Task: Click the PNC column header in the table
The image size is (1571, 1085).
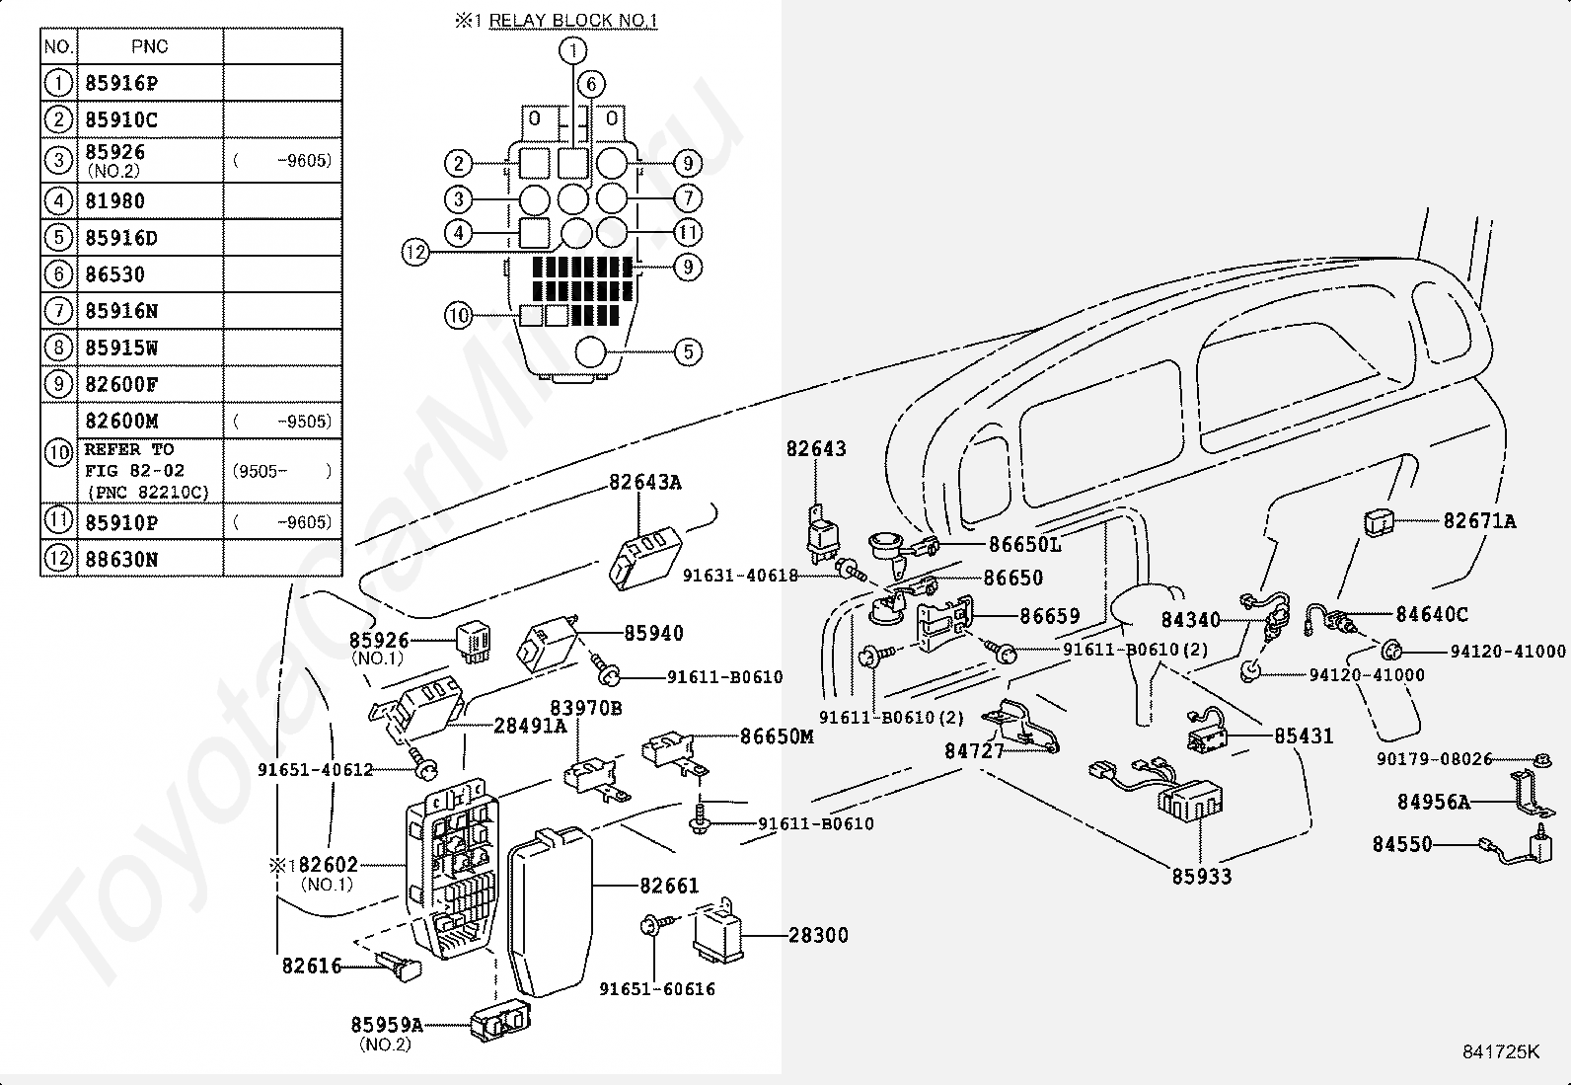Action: pos(149,46)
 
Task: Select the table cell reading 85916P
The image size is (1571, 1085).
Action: pos(121,84)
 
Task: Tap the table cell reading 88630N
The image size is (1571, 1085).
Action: pos(121,560)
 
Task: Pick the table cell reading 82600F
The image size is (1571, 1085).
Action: pos(121,385)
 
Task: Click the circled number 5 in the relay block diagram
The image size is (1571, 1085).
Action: pos(688,351)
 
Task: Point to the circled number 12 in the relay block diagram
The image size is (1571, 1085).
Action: pos(415,251)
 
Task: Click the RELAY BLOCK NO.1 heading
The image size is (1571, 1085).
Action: pos(573,21)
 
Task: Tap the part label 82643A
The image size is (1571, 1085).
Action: pos(645,482)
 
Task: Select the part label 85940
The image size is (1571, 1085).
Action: pos(653,633)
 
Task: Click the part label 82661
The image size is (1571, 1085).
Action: pos(669,886)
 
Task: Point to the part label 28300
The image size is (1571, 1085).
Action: pos(818,935)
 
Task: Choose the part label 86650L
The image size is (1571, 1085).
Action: pos(1024,544)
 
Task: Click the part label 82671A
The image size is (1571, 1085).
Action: pos(1479,520)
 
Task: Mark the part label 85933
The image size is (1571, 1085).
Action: pos(1201,876)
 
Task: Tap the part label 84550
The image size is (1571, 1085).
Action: pos(1402,843)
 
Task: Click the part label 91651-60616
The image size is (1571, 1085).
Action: pos(657,989)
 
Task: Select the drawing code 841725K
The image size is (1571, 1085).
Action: pos(1501,1051)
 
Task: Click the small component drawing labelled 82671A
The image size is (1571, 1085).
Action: pos(1379,522)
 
